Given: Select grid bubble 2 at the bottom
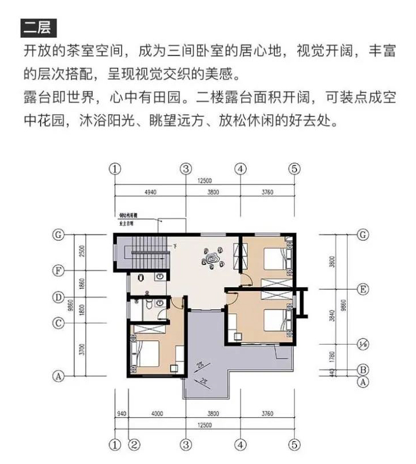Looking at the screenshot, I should click(133, 443).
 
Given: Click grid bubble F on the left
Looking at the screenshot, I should click(58, 271).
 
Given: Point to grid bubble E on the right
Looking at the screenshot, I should click(362, 289).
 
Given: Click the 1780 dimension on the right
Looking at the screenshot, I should click(332, 357).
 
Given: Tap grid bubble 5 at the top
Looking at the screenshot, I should click(294, 168).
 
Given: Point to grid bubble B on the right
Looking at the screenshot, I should click(362, 369).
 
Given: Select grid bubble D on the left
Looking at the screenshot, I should click(58, 297).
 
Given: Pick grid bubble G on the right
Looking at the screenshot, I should click(362, 234).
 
